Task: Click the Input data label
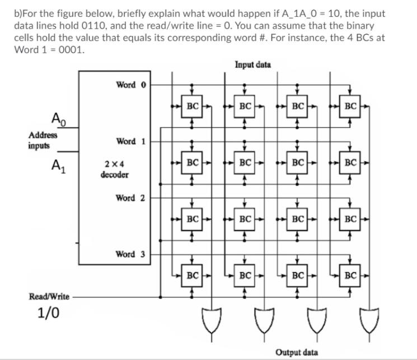(253, 64)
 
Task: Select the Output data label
(297, 352)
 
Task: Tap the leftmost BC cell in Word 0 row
(193, 105)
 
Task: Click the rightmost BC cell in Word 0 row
(350, 105)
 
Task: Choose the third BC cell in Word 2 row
(298, 219)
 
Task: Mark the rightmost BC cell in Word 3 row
(350, 275)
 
